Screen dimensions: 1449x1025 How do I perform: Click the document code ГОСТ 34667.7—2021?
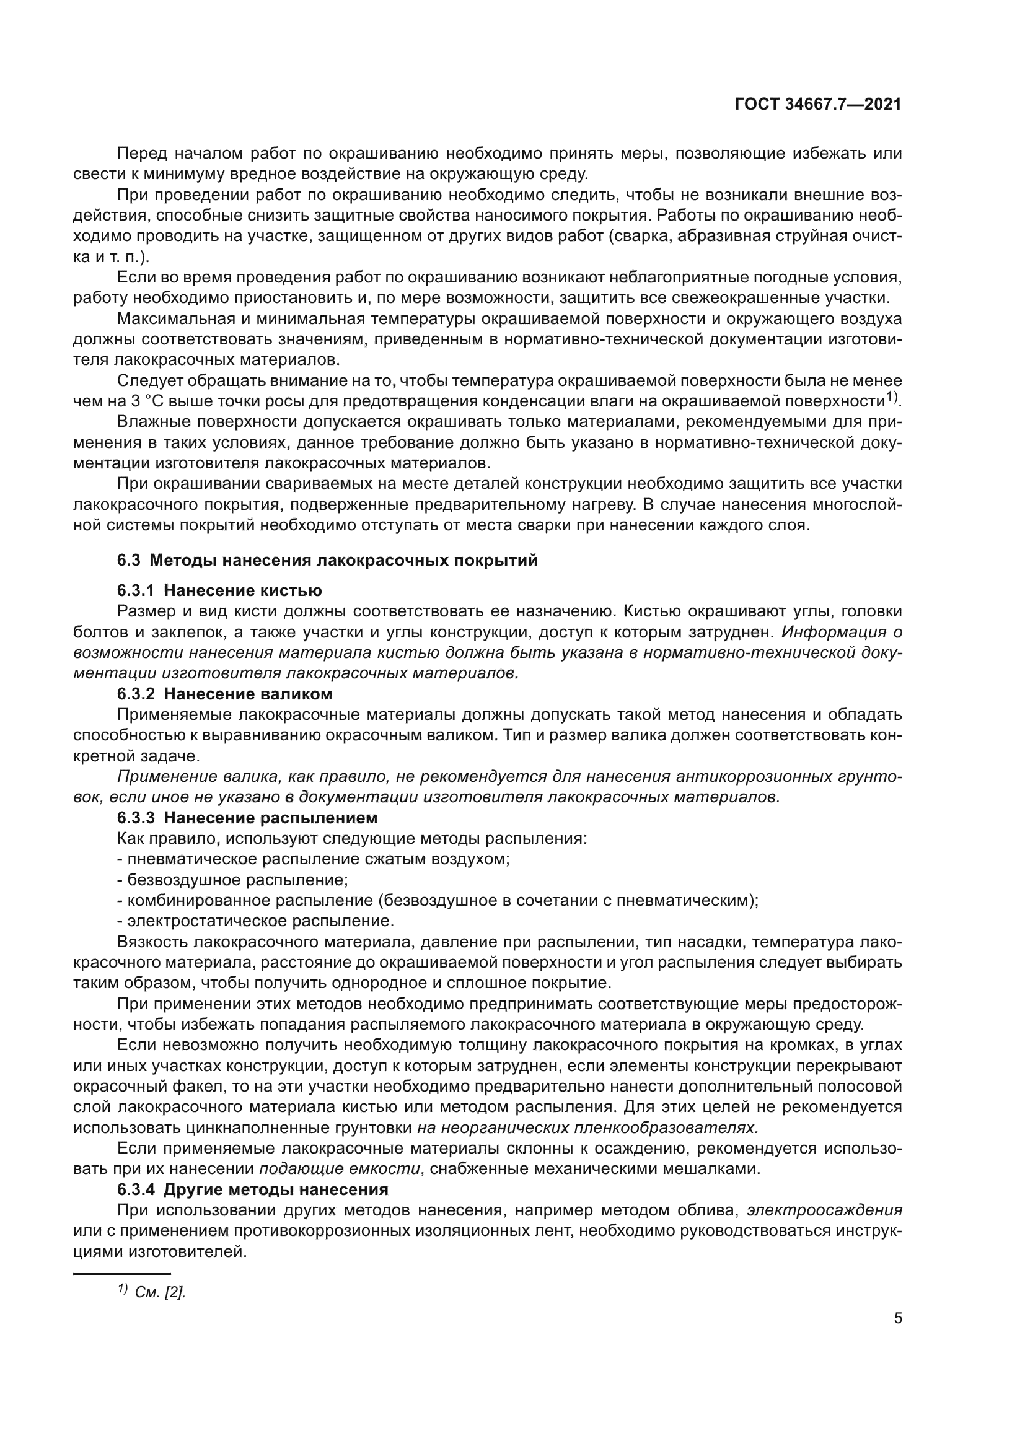tap(818, 105)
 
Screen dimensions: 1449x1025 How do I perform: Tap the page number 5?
tap(897, 1318)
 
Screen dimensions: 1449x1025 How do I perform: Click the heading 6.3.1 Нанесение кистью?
tap(219, 590)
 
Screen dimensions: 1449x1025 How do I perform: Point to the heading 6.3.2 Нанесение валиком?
tap(224, 694)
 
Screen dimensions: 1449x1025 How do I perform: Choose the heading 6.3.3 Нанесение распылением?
tap(247, 817)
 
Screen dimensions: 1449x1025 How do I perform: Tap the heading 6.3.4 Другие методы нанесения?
tap(252, 1189)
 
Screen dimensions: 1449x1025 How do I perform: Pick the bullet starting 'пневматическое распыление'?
tap(313, 859)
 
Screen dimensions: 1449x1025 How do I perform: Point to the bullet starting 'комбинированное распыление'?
tap(438, 900)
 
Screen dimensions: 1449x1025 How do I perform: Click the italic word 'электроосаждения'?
tap(824, 1210)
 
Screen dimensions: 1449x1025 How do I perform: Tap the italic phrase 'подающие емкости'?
tap(340, 1169)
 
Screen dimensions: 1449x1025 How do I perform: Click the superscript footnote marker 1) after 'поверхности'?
tap(890, 397)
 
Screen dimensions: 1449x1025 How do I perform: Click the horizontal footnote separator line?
tap(122, 1274)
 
